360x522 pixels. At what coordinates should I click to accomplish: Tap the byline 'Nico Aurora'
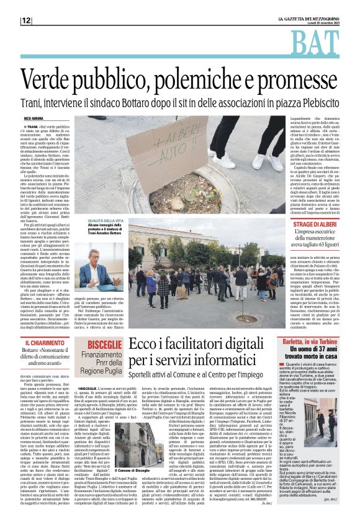(35, 117)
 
